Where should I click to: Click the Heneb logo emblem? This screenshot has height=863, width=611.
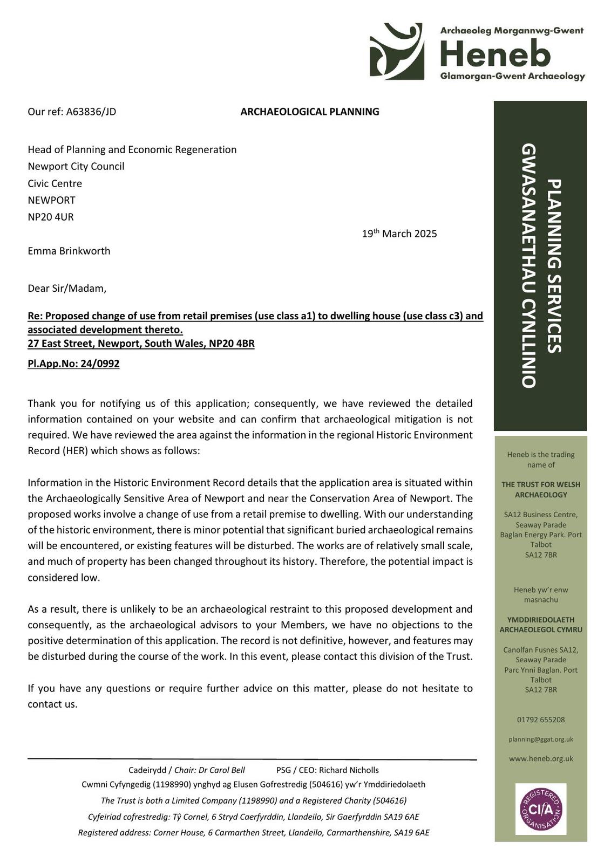tap(396, 52)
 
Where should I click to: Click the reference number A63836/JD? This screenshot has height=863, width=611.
tap(91, 112)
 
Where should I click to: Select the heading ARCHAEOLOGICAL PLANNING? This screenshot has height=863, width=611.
tap(309, 112)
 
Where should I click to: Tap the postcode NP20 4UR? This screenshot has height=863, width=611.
tap(51, 217)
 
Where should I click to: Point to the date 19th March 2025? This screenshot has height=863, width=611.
tap(399, 234)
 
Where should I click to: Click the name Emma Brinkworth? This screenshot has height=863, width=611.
tap(69, 251)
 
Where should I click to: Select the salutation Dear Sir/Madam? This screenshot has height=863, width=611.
tap(67, 288)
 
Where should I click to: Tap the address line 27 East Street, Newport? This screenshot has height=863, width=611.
tap(140, 344)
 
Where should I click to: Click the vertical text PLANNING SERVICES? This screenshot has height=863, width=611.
tap(554, 266)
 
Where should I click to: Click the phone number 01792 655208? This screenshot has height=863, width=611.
tap(541, 720)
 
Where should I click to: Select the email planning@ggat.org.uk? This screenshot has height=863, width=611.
tap(541, 739)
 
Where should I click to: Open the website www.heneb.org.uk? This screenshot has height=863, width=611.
tap(541, 758)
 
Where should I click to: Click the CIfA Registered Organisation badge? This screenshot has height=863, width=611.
tap(541, 809)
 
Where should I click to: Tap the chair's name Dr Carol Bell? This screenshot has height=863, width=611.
tap(221, 770)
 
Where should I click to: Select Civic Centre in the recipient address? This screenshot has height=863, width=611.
tap(55, 183)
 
